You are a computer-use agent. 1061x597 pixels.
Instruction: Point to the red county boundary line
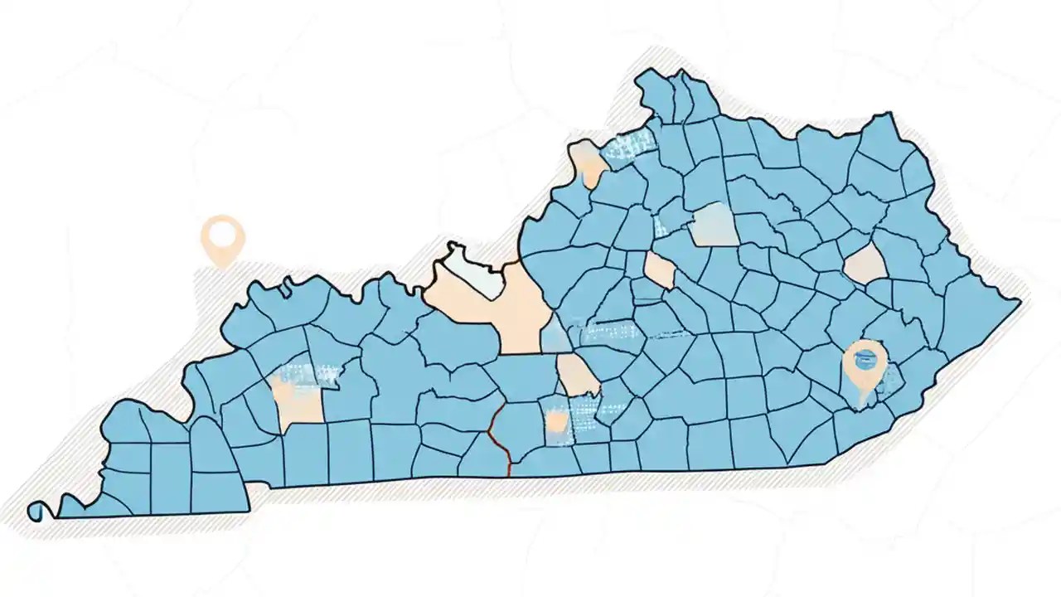pos(498,439)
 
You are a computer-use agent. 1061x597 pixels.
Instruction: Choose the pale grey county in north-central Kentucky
pos(715,225)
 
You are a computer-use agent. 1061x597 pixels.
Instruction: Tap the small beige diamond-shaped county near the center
pos(660,270)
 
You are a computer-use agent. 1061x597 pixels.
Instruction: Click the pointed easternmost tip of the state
pos(1020,302)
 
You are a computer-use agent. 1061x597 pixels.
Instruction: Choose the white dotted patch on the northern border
pos(627,148)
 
